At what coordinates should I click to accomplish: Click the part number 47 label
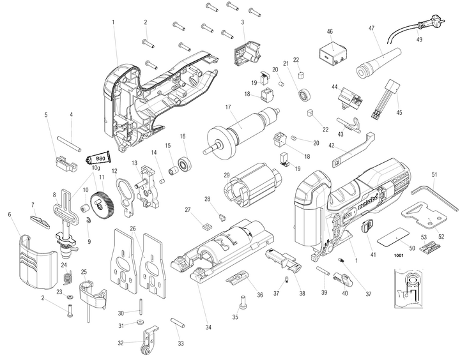(371, 28)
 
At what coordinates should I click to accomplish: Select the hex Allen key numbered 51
(436, 195)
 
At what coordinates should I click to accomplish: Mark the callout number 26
(133, 228)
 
